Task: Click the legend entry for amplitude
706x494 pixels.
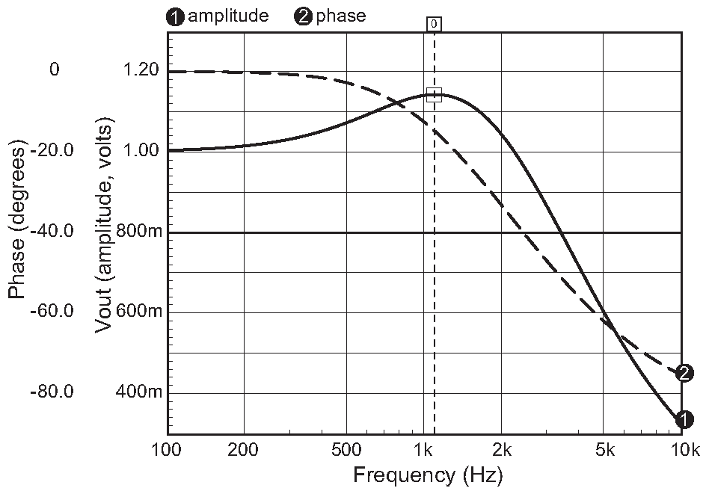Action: click(218, 16)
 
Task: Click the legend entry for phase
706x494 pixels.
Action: click(330, 16)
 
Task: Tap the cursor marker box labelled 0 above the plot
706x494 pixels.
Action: click(434, 24)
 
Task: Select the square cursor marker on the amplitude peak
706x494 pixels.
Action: click(434, 95)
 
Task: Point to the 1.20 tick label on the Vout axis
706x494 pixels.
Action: click(142, 70)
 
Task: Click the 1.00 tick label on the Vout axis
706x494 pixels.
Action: click(142, 151)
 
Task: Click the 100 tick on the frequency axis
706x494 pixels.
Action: click(167, 451)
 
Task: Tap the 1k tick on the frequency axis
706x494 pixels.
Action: click(424, 451)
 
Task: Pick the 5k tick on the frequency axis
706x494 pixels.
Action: click(604, 451)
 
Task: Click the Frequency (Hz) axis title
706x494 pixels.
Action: click(428, 475)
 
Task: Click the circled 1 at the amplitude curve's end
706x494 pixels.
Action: click(684, 420)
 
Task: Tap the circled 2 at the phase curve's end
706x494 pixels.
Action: click(684, 373)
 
